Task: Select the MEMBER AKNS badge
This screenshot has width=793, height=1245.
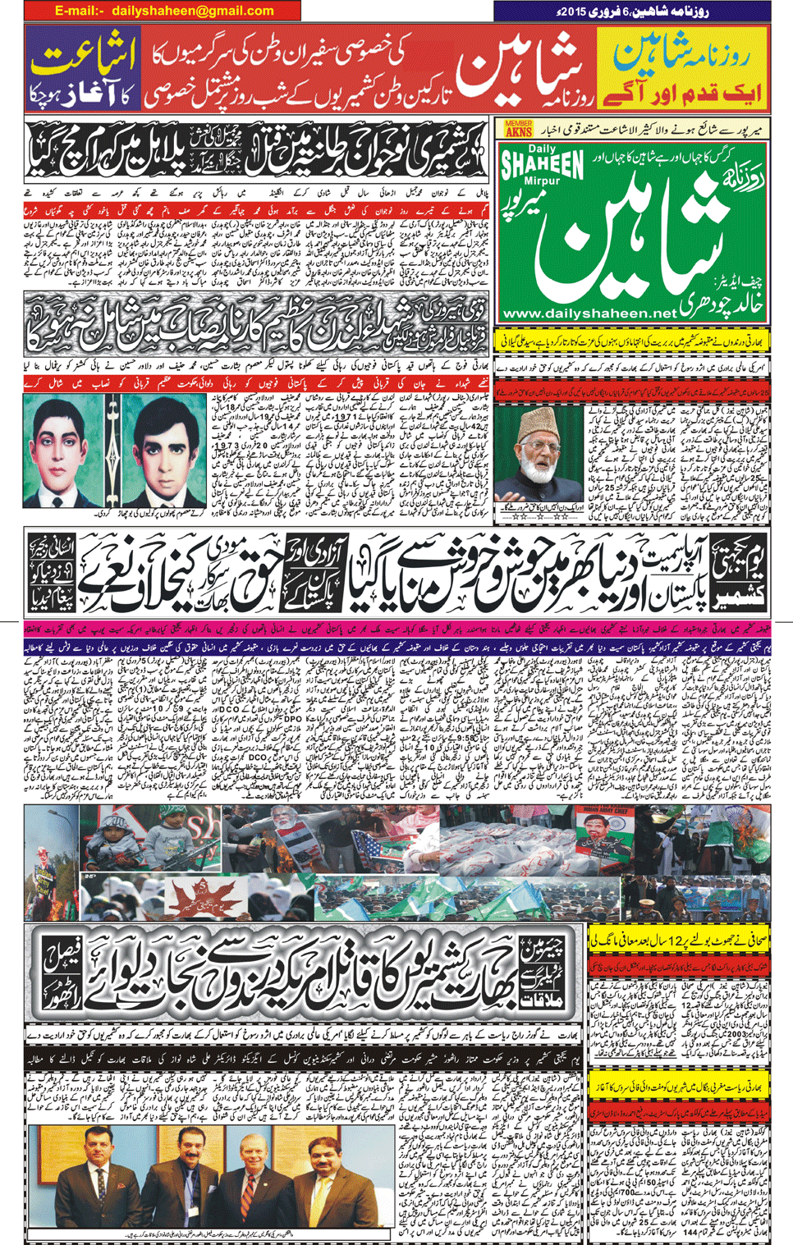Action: [518, 128]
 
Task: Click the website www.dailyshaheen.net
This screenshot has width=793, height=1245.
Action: [589, 313]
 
